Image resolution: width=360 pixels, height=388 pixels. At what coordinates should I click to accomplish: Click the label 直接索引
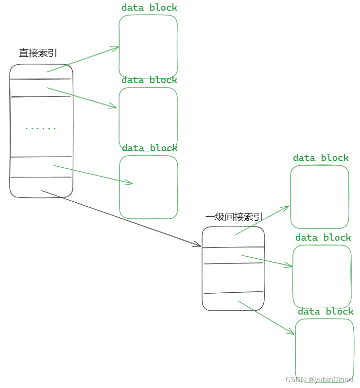38,53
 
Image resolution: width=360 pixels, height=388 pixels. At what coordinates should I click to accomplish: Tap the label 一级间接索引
234,217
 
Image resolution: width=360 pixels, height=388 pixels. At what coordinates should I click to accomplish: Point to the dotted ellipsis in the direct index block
41,128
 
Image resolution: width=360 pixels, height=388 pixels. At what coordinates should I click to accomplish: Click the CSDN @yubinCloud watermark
319,379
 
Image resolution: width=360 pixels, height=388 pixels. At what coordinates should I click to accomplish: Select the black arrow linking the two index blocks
121,219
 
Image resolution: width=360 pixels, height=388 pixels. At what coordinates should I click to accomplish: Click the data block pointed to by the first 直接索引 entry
148,46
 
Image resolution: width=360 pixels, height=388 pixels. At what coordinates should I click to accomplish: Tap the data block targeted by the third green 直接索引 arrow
149,187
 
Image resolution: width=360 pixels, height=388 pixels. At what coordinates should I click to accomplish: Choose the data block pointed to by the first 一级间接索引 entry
320,196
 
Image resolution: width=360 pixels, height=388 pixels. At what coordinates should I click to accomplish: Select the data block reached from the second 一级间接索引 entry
322,276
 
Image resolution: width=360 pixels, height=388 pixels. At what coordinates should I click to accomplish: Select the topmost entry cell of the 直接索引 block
41,71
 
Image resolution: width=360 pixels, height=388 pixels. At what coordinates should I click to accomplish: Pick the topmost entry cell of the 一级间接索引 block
233,237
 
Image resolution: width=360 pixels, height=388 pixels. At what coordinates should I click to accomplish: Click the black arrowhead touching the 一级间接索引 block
198,245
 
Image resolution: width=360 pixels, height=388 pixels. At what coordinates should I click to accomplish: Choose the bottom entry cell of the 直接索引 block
41,187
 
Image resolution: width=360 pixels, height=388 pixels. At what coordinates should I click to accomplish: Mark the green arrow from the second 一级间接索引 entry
267,261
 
